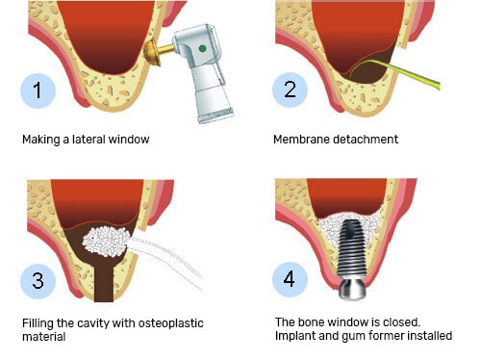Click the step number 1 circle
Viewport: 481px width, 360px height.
pyautogui.click(x=38, y=90)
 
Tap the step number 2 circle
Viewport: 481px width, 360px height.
pyautogui.click(x=290, y=90)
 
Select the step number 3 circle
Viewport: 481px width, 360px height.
pyautogui.click(x=38, y=281)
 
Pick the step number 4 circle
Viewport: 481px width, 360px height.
pyautogui.click(x=290, y=279)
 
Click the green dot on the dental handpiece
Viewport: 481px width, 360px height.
pyautogui.click(x=202, y=48)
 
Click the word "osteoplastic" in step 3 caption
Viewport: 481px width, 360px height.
pyautogui.click(x=170, y=323)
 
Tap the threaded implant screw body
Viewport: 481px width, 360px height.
pyautogui.click(x=351, y=247)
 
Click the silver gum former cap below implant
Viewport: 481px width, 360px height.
pyautogui.click(x=353, y=288)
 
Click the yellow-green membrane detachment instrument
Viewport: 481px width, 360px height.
pyautogui.click(x=396, y=72)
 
